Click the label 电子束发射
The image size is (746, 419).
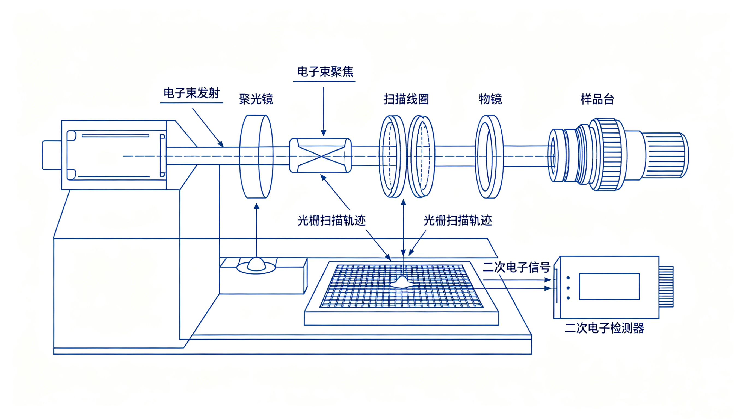[192, 93]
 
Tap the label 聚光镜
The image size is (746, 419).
[256, 99]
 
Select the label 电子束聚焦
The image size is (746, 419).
[325, 72]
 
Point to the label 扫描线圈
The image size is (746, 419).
[406, 99]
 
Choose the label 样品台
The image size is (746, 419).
[597, 99]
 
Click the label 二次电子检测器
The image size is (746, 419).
[604, 328]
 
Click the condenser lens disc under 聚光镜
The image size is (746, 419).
[256, 157]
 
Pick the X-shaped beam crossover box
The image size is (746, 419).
[321, 156]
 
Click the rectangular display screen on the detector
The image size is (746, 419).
[609, 286]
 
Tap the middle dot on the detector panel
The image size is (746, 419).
[568, 288]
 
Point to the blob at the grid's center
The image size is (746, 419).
[402, 282]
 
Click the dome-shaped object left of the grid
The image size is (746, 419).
[256, 264]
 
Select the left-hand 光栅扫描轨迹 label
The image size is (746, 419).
[332, 221]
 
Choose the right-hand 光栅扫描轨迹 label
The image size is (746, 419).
[458, 221]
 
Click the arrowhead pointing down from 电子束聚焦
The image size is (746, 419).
[324, 133]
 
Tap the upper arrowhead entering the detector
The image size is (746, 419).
[548, 280]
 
